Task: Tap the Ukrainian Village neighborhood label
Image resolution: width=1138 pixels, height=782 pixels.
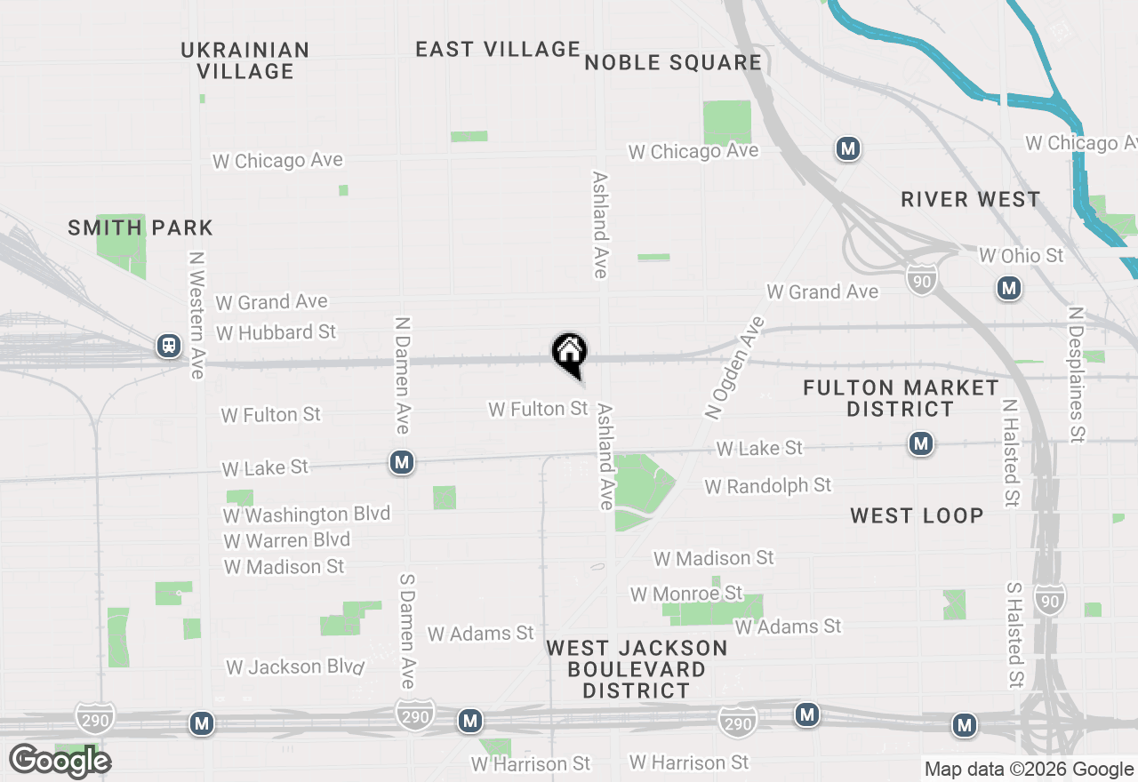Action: tap(245, 60)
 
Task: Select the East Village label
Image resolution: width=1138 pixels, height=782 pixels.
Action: tap(498, 49)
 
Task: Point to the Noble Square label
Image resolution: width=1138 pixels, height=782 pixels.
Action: tap(673, 62)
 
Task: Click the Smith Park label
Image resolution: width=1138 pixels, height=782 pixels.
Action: tap(140, 227)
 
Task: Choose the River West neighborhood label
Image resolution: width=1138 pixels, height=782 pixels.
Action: tap(970, 199)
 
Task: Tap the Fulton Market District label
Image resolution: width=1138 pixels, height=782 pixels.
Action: tap(901, 398)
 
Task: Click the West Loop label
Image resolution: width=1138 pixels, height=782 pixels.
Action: tap(917, 515)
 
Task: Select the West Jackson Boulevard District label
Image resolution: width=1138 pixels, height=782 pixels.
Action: tap(637, 669)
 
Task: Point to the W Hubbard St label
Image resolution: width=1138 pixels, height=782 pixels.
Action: tap(276, 332)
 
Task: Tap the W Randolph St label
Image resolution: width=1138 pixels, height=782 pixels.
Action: tap(768, 485)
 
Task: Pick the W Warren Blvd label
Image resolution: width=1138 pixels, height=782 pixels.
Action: tap(287, 540)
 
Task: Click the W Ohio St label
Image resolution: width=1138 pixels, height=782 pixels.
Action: tap(1021, 256)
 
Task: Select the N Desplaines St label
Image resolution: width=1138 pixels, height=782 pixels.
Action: tap(1077, 375)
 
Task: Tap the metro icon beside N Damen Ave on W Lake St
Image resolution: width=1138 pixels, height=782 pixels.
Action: tap(402, 462)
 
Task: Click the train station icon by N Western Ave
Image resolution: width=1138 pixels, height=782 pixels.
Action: tap(169, 346)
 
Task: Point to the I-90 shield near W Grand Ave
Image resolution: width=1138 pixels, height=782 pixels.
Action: tap(922, 279)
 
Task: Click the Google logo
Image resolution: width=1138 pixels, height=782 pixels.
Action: tap(60, 761)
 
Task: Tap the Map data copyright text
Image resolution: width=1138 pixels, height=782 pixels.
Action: tap(1029, 770)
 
